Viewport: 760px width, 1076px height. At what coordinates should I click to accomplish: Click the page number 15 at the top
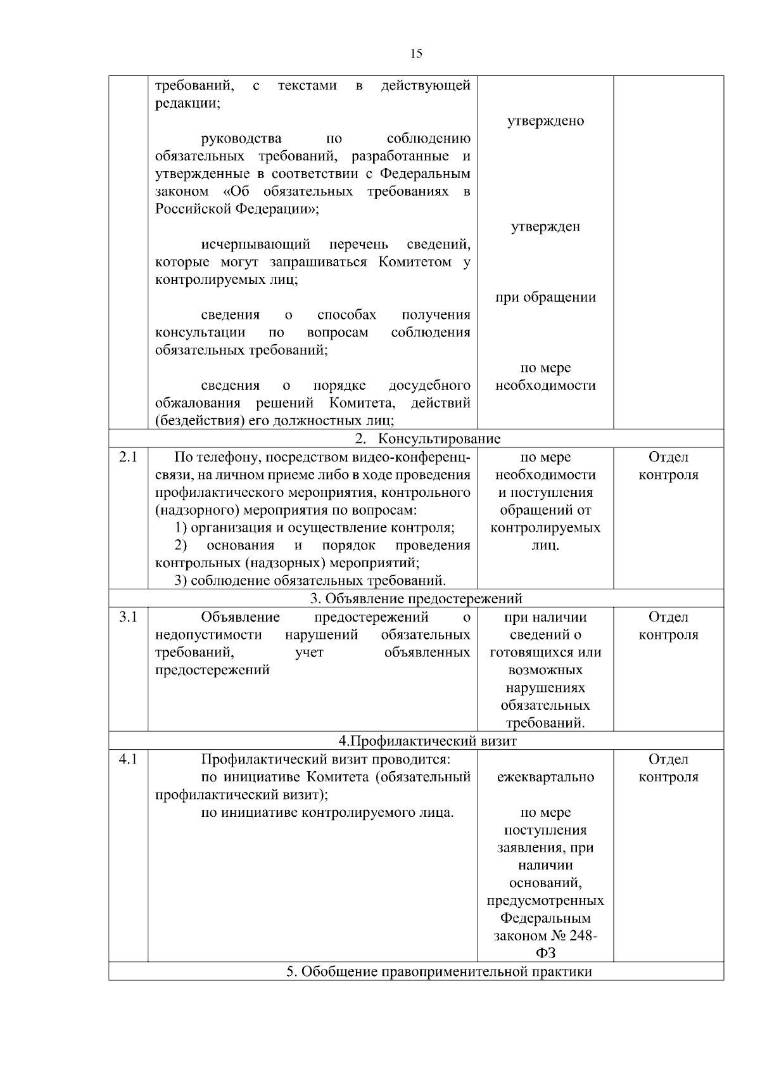click(416, 54)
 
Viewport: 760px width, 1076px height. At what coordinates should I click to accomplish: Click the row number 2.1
click(128, 457)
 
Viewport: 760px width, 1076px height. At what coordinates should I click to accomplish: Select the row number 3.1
click(128, 617)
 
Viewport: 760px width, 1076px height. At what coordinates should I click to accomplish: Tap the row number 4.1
click(128, 759)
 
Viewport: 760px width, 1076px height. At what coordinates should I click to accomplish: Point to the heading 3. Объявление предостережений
click(416, 598)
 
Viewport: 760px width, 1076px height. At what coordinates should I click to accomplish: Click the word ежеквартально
click(545, 777)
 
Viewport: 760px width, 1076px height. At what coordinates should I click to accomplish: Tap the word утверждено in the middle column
click(545, 121)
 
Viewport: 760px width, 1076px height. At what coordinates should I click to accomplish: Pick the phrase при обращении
click(545, 297)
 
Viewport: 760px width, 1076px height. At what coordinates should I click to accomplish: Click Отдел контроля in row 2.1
click(668, 466)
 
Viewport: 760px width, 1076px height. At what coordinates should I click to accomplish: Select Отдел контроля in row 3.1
click(668, 625)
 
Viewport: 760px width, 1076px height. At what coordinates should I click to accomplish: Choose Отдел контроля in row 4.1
click(668, 767)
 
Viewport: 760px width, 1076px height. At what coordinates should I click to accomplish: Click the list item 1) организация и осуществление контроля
click(315, 527)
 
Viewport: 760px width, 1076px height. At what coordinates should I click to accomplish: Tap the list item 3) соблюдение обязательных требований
click(310, 580)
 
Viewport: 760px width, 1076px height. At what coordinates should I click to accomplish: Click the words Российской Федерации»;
click(237, 208)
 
